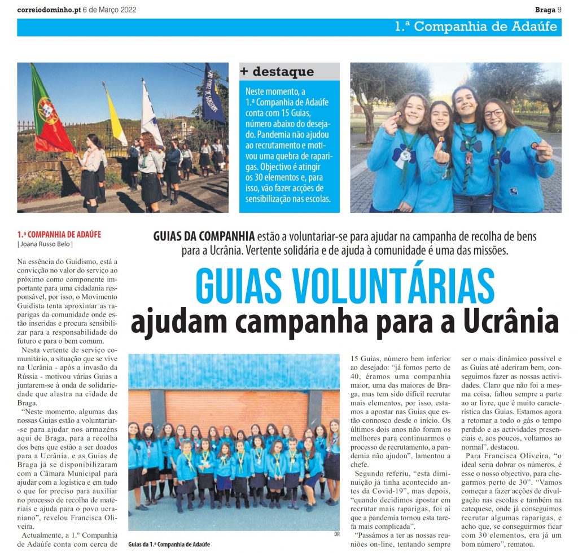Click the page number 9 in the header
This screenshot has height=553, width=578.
pyautogui.click(x=559, y=10)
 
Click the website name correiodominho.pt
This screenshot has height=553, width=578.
pyautogui.click(x=49, y=10)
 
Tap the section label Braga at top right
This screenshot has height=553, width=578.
pyautogui.click(x=545, y=10)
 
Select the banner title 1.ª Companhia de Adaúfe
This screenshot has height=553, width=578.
pyautogui.click(x=476, y=27)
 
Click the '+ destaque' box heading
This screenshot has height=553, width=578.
pyautogui.click(x=277, y=72)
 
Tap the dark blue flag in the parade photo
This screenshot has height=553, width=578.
pyautogui.click(x=213, y=95)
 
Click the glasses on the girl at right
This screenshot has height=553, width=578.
pyautogui.click(x=492, y=114)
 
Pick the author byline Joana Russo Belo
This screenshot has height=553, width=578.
pyautogui.click(x=45, y=244)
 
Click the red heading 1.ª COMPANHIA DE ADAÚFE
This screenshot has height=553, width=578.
pyautogui.click(x=59, y=234)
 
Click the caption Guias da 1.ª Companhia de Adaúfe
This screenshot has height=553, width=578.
pyautogui.click(x=169, y=544)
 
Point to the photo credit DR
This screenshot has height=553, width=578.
pyautogui.click(x=335, y=534)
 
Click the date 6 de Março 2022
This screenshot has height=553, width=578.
pyautogui.click(x=110, y=10)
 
